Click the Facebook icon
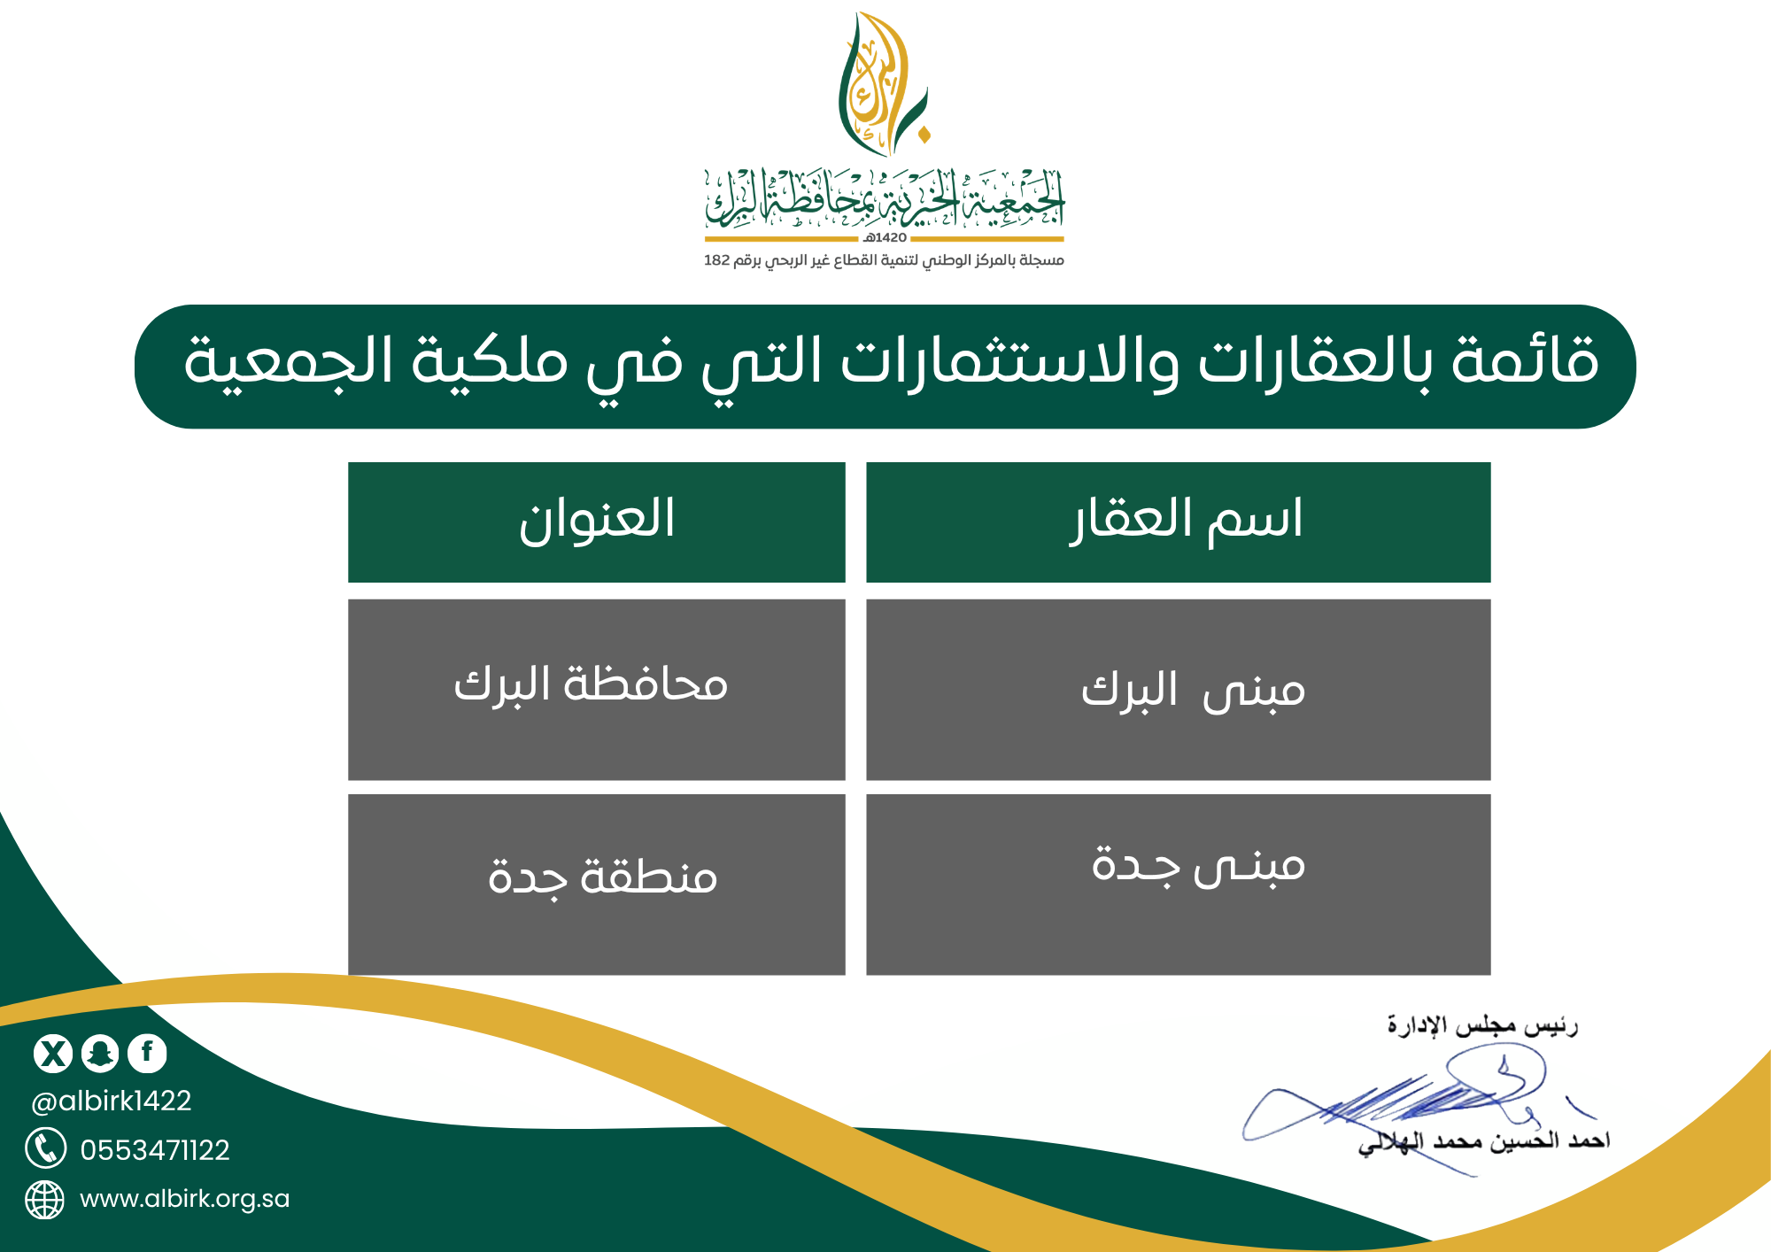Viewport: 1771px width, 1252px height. [147, 1053]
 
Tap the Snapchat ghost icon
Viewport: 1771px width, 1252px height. [100, 1053]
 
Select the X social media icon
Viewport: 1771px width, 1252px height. [53, 1053]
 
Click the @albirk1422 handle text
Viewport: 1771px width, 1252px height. [112, 1101]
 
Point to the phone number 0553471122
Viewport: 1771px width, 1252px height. [155, 1150]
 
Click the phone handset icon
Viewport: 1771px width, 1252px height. [45, 1148]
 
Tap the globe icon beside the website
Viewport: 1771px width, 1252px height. [44, 1200]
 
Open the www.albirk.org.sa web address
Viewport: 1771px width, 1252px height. [184, 1199]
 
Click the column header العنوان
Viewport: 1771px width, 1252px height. [597, 521]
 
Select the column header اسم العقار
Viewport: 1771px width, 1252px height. [1187, 521]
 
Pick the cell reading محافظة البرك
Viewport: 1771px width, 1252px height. [591, 684]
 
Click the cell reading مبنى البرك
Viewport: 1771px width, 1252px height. [1193, 691]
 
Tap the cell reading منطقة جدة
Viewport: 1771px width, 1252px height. [602, 877]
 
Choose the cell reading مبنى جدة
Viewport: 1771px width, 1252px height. [1198, 864]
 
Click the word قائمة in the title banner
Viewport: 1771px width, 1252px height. [1525, 361]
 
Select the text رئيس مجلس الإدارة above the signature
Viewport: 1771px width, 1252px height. [1482, 1025]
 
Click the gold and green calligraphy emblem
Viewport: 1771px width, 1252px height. [884, 84]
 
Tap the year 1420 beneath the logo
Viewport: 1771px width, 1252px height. [885, 238]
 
